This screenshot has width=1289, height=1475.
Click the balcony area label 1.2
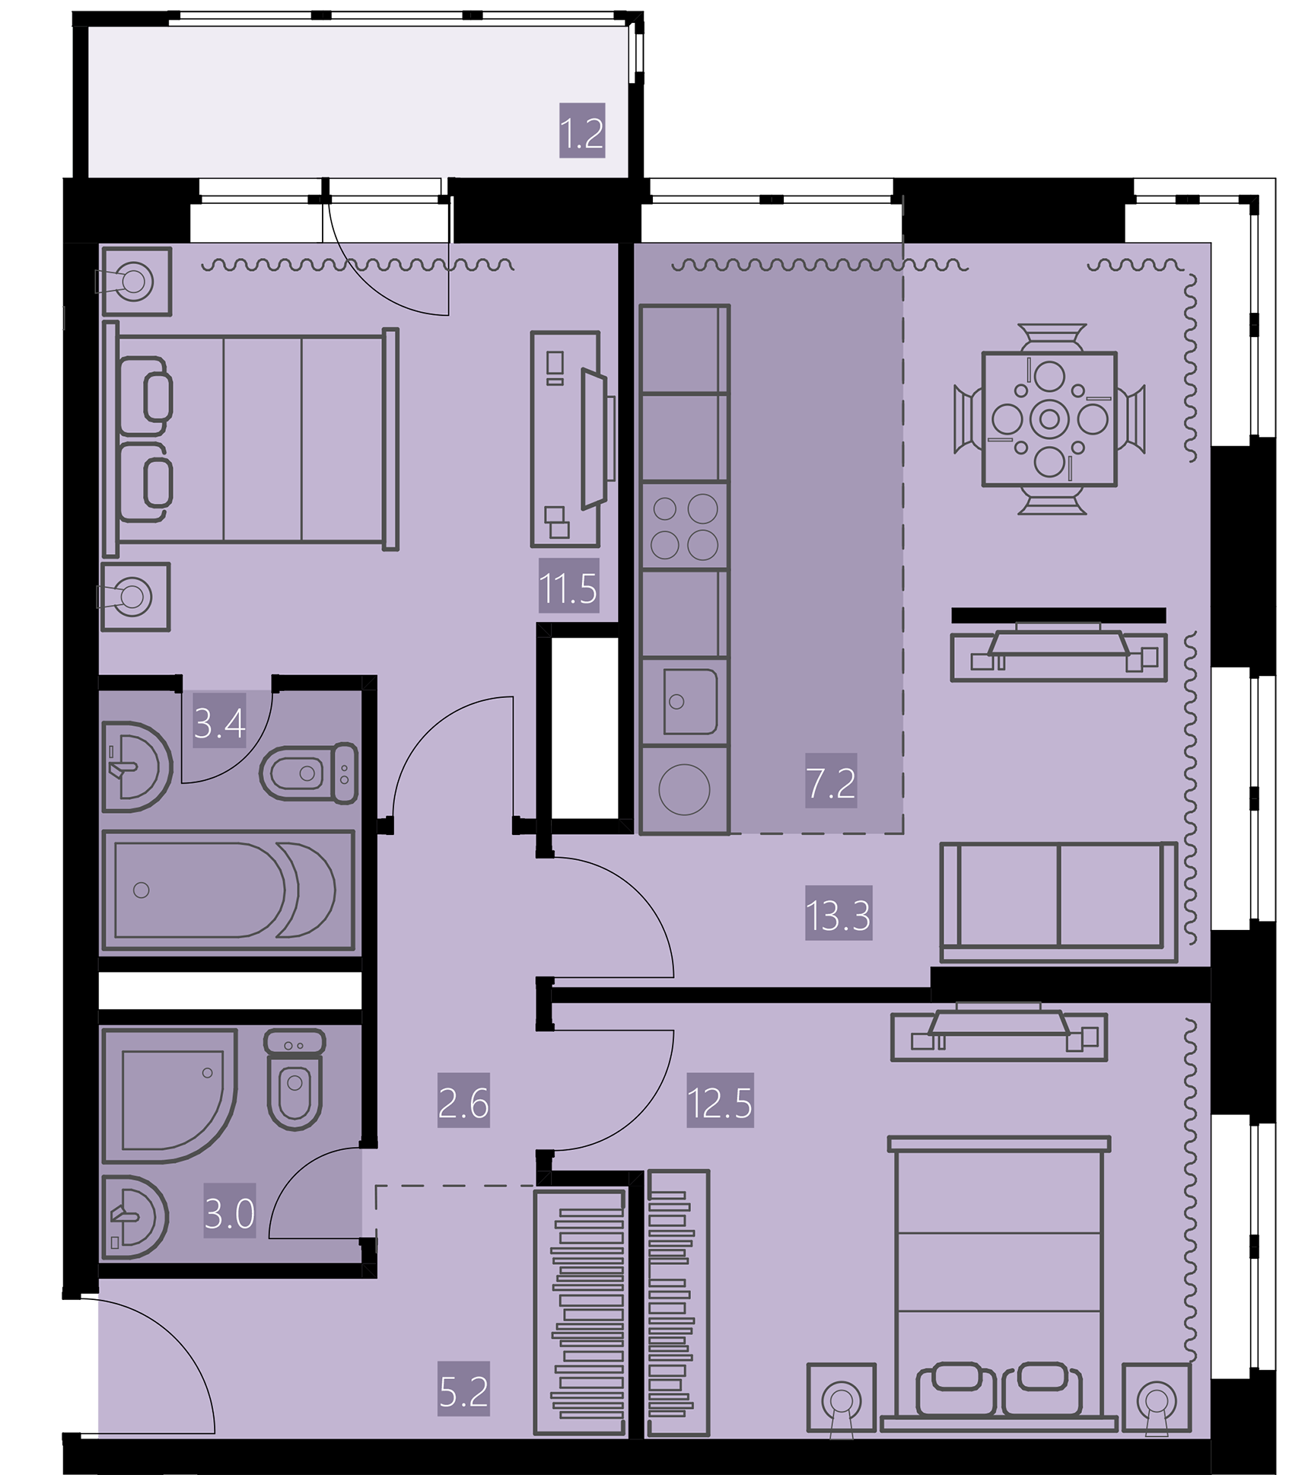(x=582, y=133)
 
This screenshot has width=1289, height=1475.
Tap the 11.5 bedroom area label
(x=568, y=588)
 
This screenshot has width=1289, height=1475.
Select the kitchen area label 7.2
(x=831, y=783)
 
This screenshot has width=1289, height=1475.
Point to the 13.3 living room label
(x=839, y=915)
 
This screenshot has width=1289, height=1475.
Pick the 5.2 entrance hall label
(x=463, y=1392)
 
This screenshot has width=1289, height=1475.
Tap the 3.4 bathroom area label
(x=219, y=723)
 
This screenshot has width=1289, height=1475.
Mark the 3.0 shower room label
(x=230, y=1214)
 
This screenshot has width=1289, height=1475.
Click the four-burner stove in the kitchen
(x=685, y=526)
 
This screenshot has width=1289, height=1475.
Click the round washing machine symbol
(x=684, y=789)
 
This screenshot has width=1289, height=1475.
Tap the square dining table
(x=1049, y=419)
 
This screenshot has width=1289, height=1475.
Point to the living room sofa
(x=1058, y=902)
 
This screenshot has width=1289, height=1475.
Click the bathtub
(x=228, y=890)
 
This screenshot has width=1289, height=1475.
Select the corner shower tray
(x=169, y=1096)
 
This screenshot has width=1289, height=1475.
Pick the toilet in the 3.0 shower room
(x=294, y=1079)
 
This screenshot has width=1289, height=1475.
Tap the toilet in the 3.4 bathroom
(x=309, y=773)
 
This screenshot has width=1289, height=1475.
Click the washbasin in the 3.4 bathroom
(x=136, y=766)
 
